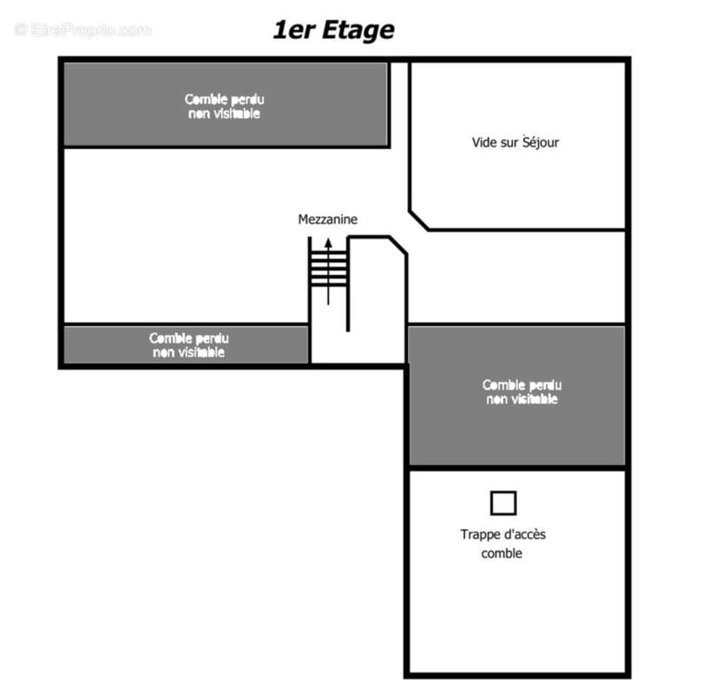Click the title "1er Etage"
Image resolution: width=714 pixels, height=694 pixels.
tap(333, 30)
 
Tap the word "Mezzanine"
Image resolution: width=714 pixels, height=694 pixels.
tap(328, 219)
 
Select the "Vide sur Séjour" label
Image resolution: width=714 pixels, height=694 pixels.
tap(515, 142)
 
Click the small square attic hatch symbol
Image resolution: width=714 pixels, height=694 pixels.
tap(503, 503)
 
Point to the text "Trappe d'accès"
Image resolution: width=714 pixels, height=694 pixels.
tap(502, 534)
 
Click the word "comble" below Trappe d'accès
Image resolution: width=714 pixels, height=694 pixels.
tap(501, 553)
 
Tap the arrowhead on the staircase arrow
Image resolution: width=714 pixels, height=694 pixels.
tap(328, 243)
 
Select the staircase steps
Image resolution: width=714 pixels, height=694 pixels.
tap(328, 269)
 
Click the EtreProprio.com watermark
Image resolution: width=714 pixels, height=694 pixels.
tap(83, 30)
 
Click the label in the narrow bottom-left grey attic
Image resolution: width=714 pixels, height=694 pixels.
tap(189, 345)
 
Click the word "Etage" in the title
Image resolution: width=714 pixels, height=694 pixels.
tap(358, 30)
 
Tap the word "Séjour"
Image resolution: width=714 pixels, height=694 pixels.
tap(540, 142)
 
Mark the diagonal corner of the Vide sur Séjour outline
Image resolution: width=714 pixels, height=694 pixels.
tap(419, 220)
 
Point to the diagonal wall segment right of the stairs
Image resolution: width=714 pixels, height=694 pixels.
tap(398, 246)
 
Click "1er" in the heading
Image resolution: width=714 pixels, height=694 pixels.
tap(294, 30)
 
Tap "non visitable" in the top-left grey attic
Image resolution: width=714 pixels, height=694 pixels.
tap(224, 114)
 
